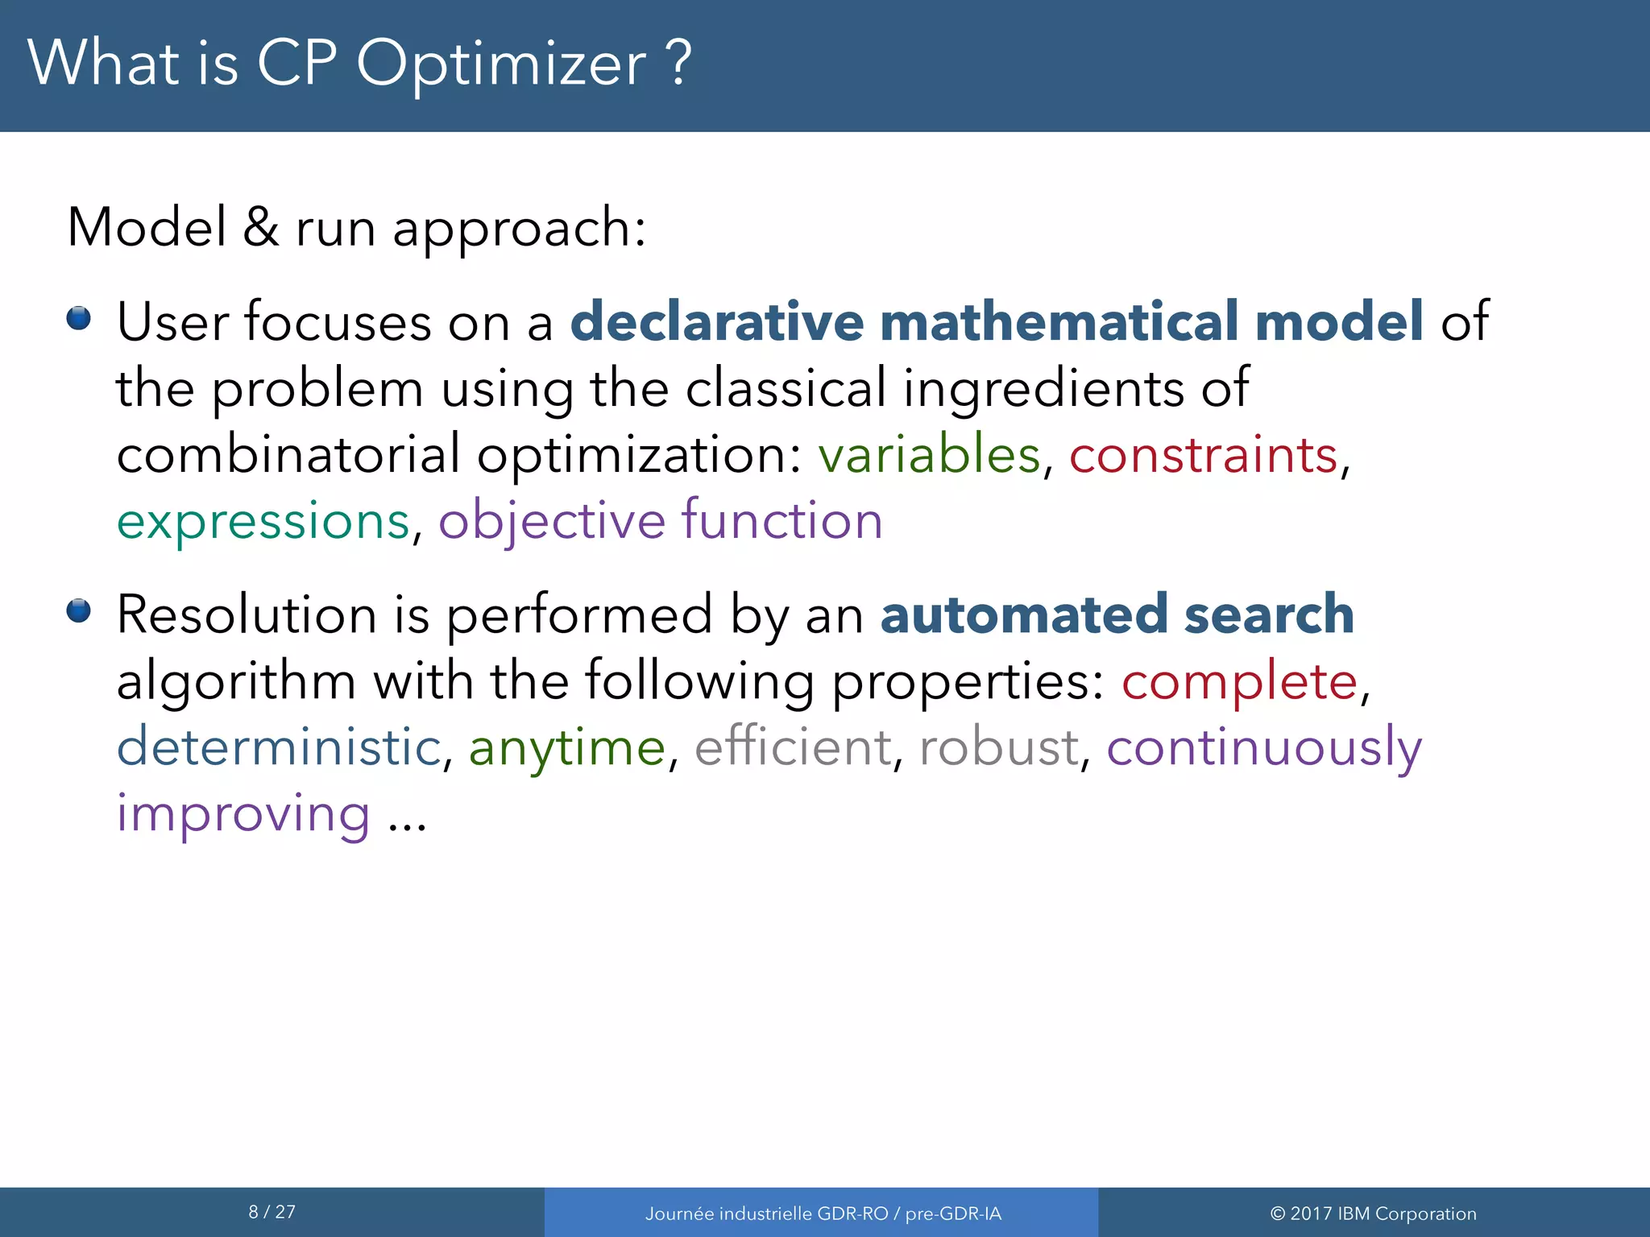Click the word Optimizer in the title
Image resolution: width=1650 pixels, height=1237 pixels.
(x=500, y=64)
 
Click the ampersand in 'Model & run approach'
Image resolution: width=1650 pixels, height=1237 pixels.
(x=260, y=227)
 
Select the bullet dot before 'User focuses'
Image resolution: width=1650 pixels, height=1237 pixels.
(x=79, y=318)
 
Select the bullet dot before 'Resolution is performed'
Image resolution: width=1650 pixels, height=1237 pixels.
(x=79, y=610)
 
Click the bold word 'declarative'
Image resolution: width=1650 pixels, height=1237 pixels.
(x=717, y=321)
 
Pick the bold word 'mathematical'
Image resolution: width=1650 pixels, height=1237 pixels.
(x=1058, y=321)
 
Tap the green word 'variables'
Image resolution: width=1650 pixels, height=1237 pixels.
(x=929, y=454)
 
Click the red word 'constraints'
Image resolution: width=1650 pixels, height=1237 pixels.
(x=1203, y=454)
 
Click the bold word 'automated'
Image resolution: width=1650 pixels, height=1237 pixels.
(x=1023, y=614)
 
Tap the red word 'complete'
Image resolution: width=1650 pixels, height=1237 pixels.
(x=1239, y=681)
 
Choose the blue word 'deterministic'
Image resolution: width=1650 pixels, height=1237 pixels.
(x=279, y=747)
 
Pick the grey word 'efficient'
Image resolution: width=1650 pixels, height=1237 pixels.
(x=793, y=747)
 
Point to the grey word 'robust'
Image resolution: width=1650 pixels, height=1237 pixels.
(x=998, y=747)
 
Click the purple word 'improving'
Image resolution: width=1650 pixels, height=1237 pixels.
(x=243, y=813)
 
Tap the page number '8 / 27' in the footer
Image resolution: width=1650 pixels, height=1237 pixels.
(x=272, y=1212)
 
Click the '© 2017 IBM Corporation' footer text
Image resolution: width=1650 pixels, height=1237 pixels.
(x=1373, y=1214)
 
